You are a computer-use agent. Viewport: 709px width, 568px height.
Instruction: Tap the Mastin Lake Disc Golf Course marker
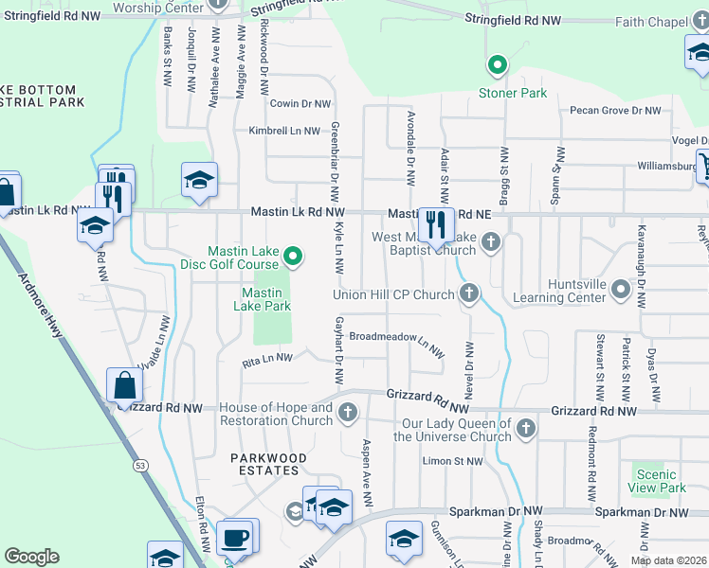pos(294,255)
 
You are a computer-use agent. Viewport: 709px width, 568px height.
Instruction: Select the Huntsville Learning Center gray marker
pos(621,289)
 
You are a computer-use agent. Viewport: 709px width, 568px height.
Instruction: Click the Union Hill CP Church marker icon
pos(468,294)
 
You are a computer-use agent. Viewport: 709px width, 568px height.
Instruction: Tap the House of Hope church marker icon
pos(348,411)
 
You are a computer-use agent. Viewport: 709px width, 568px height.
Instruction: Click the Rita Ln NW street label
pos(267,359)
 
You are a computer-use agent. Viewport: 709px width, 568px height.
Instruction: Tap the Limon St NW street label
pos(452,461)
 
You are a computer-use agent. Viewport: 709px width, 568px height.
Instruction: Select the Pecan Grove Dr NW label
pos(615,111)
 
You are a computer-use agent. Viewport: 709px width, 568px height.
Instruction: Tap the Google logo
pos(31,557)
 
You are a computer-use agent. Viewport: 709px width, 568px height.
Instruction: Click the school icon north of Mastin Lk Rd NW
pos(200,180)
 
